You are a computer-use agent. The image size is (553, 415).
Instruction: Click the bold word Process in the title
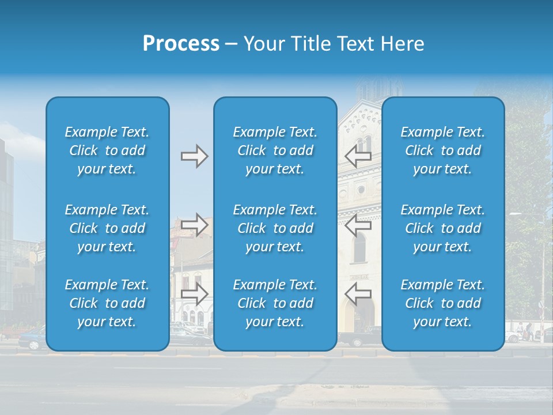(x=181, y=44)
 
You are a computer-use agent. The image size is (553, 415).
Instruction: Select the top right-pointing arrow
(x=194, y=156)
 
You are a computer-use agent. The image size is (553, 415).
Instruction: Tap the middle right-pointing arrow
(x=194, y=224)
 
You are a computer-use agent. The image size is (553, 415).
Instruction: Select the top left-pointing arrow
(x=358, y=156)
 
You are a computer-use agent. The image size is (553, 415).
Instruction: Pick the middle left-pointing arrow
(x=358, y=224)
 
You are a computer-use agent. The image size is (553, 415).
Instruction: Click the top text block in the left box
(x=107, y=150)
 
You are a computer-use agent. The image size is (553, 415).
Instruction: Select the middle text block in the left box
(x=107, y=228)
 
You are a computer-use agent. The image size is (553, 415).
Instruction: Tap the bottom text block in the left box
(x=107, y=303)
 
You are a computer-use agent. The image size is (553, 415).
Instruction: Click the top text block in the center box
(x=275, y=150)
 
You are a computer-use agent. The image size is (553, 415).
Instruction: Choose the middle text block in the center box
(x=275, y=228)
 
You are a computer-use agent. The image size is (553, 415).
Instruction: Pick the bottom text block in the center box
(x=275, y=303)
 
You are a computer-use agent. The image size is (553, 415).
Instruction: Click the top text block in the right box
(x=442, y=150)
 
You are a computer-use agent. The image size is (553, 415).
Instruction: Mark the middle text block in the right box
(x=442, y=228)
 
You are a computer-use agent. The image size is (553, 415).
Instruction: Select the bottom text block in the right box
(x=442, y=303)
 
